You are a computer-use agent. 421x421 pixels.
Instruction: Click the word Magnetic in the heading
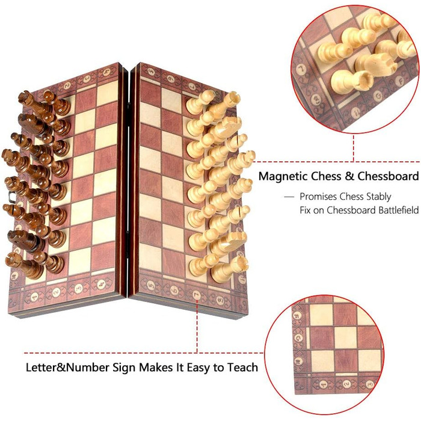tap(283, 177)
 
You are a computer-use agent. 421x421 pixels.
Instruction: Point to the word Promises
tap(318, 197)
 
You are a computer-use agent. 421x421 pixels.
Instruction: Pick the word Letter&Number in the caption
tap(67, 367)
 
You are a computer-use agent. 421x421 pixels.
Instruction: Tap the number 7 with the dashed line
tap(197, 295)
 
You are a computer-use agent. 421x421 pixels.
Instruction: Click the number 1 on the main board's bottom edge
tap(34, 297)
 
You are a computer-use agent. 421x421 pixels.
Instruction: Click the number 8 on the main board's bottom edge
tap(220, 299)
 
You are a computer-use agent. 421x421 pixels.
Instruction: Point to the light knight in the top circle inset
tap(376, 64)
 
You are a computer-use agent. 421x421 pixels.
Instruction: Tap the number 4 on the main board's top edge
tap(107, 72)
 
